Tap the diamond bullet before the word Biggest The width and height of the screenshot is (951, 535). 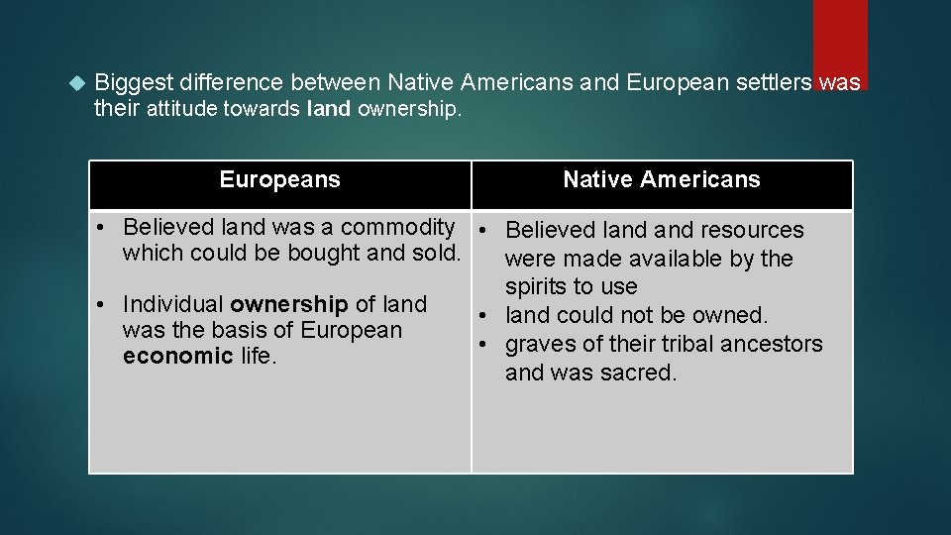tap(81, 83)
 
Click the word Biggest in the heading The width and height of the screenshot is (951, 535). tap(134, 83)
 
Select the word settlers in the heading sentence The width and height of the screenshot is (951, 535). tap(776, 83)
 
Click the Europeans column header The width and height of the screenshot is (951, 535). tap(279, 179)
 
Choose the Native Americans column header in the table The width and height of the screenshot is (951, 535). tap(661, 179)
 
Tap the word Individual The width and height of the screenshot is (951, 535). tap(173, 304)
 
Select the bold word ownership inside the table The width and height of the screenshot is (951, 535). tap(288, 304)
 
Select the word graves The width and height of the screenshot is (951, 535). tap(538, 345)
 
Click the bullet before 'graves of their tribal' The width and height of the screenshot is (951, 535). tap(487, 344)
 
